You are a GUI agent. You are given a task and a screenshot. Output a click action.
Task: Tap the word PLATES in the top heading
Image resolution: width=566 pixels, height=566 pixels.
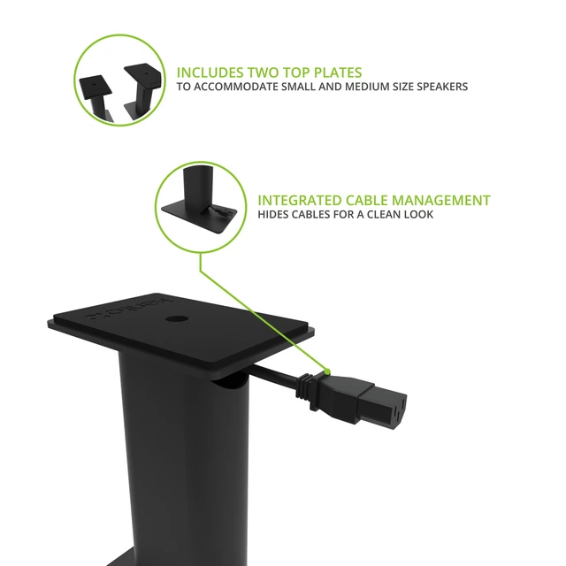pyautogui.click(x=338, y=73)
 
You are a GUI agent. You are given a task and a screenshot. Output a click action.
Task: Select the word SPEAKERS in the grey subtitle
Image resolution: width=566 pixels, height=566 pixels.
pyautogui.click(x=442, y=87)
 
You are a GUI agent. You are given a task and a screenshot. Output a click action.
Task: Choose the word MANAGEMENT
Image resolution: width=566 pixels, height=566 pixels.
pyautogui.click(x=441, y=201)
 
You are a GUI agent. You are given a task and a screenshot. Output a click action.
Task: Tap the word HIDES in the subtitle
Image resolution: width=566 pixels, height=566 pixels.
pyautogui.click(x=272, y=215)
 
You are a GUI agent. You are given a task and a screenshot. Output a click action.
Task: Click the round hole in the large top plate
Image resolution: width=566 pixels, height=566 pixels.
pyautogui.click(x=177, y=319)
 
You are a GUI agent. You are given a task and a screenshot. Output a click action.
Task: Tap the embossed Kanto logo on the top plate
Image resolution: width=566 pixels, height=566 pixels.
pyautogui.click(x=129, y=310)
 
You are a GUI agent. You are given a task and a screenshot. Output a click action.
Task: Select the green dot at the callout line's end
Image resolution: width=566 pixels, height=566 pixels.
pyautogui.click(x=327, y=371)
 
